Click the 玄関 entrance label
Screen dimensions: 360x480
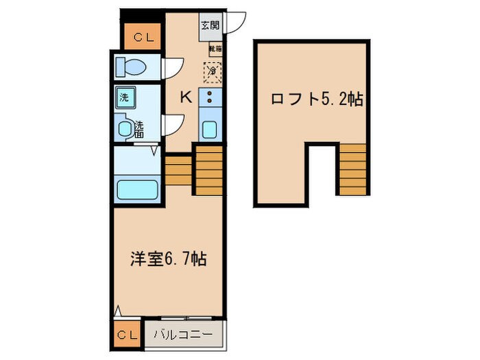click(210, 25)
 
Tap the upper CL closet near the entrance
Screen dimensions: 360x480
click(143, 37)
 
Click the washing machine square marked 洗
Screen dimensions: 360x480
click(125, 97)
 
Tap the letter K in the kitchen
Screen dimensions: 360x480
click(185, 97)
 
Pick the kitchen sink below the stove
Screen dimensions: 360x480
click(211, 128)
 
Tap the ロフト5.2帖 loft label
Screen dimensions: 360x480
click(316, 99)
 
